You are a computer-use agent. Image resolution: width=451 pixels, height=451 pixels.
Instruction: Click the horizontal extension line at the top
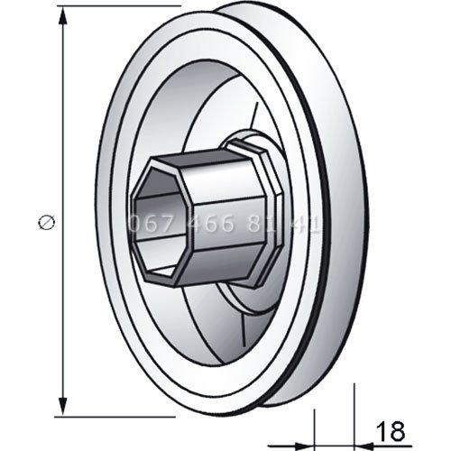point(117,8)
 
